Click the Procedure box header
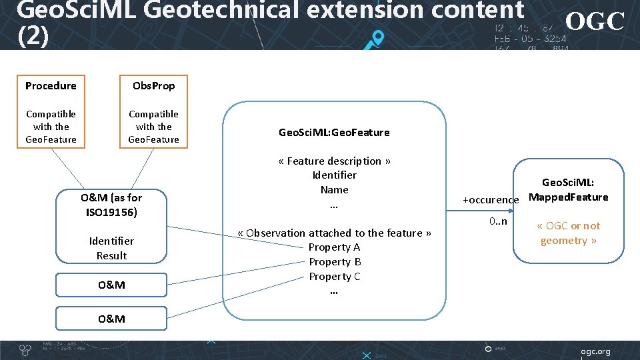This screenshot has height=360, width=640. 51,86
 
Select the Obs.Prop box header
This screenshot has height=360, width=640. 153,86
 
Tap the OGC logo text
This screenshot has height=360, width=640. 595,21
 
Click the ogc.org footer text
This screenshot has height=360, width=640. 595,351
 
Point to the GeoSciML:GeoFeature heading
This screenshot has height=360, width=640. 334,133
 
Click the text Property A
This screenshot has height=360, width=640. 334,247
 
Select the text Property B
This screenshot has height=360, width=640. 335,262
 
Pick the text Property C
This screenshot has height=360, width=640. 334,277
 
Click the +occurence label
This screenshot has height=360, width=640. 491,200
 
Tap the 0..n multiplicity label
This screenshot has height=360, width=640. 497,221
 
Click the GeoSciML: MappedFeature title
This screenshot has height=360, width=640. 568,190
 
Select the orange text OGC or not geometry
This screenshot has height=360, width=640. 568,233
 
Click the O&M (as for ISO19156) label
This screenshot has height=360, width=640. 111,205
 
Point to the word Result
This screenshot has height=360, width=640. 111,256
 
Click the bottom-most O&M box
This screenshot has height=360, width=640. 111,319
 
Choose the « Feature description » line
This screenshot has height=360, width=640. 334,161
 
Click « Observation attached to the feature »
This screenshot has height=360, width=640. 334,233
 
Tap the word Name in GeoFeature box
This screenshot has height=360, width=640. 334,190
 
